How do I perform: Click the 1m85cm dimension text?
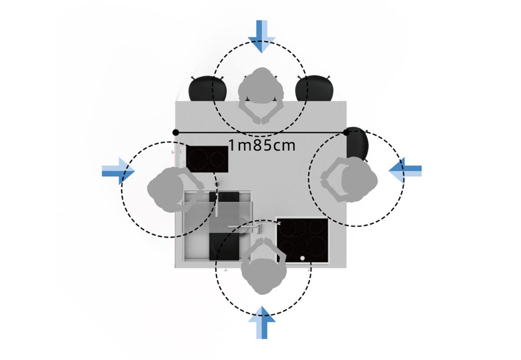[x=262, y=145]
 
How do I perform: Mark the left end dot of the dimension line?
[x=176, y=132]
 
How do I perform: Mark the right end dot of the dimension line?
[x=347, y=132]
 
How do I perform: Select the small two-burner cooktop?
[x=207, y=159]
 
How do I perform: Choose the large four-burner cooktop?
[x=302, y=241]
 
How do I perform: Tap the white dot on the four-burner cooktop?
[x=303, y=258]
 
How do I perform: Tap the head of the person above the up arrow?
[x=263, y=276]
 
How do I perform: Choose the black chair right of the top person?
[x=314, y=89]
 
